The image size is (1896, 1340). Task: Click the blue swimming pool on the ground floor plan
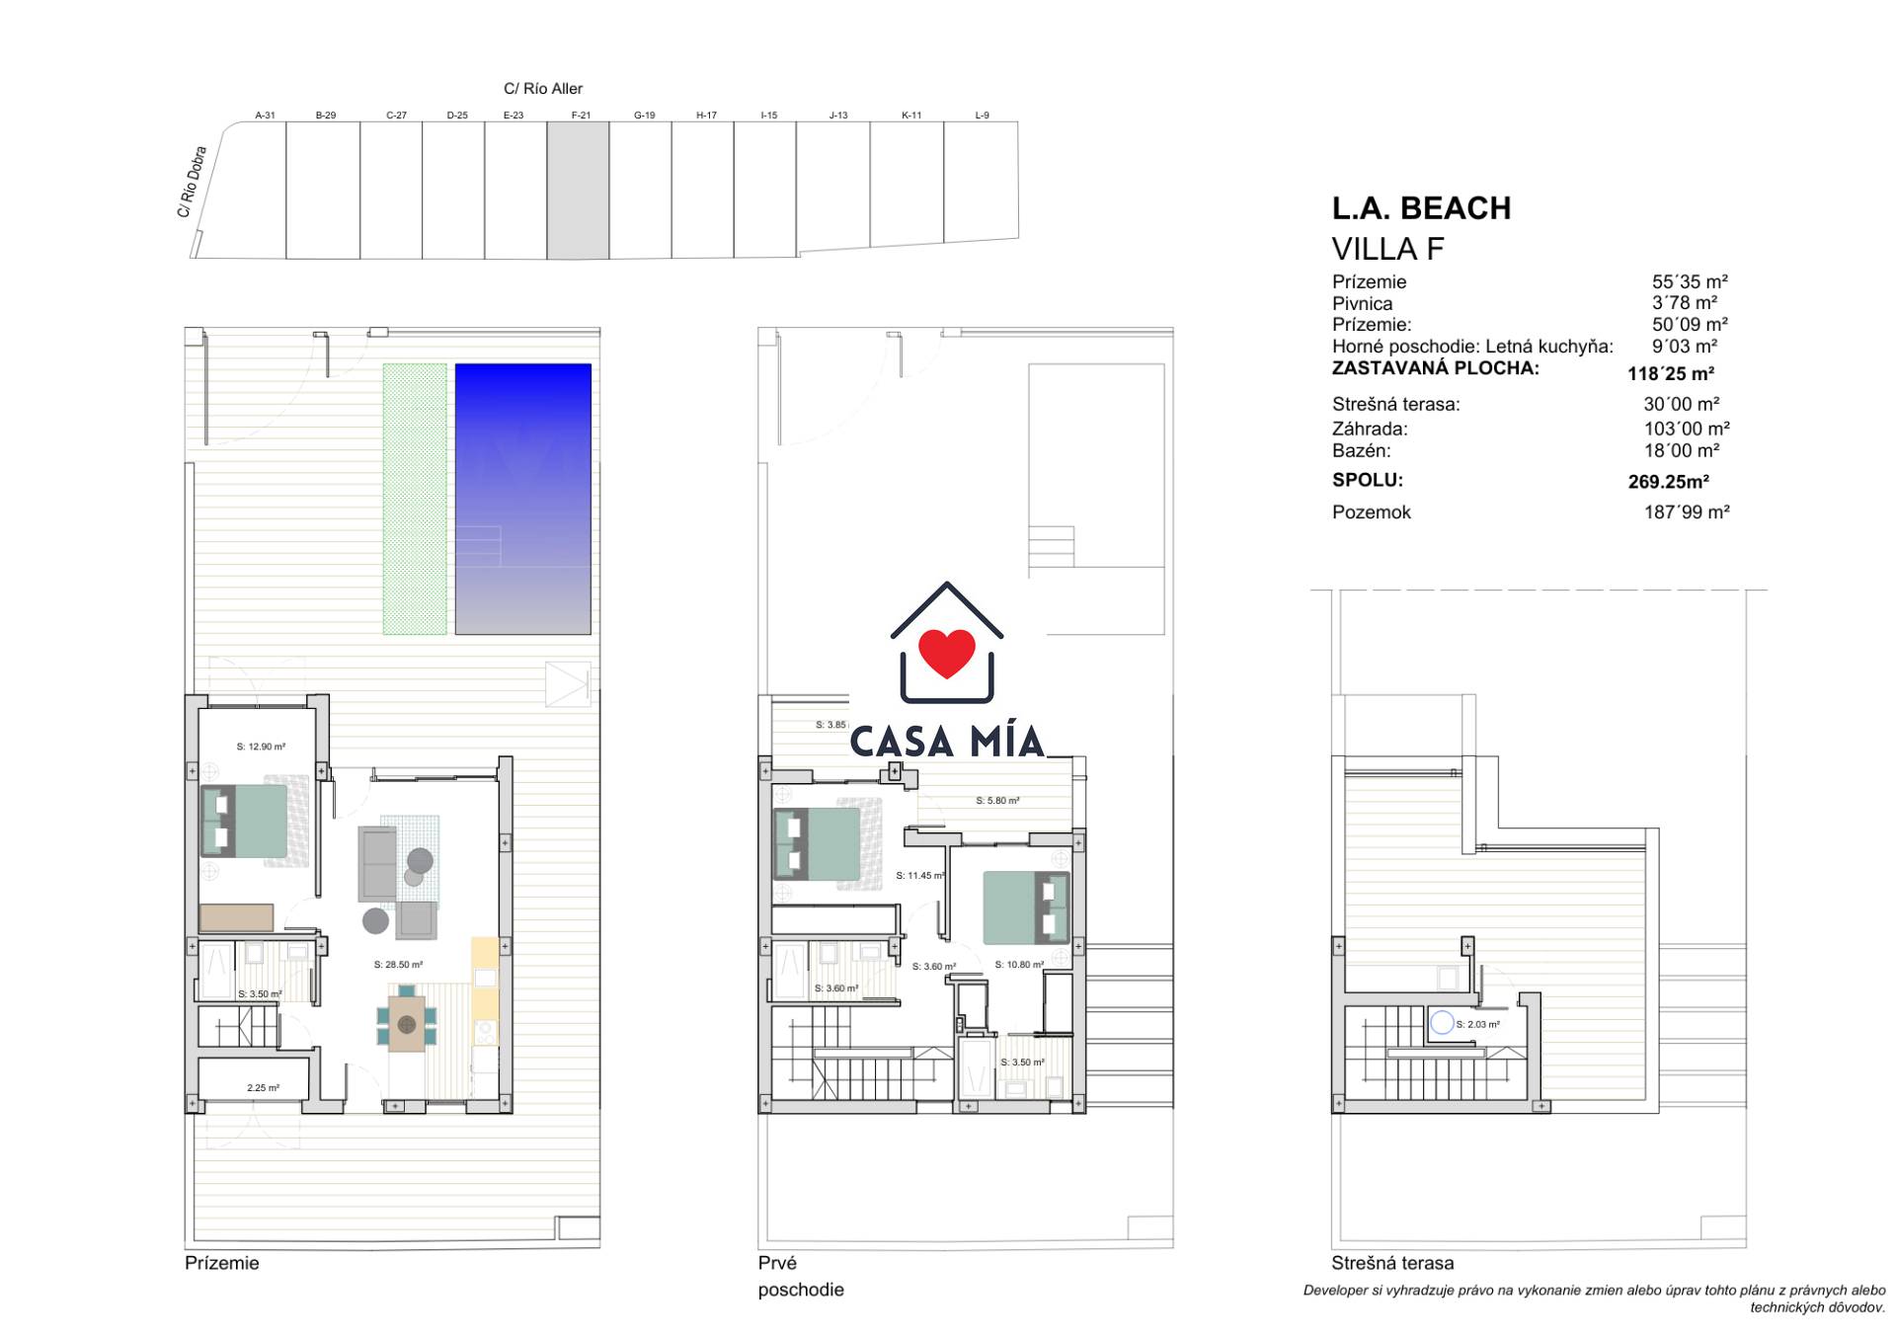click(522, 499)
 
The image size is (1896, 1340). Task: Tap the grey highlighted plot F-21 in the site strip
click(578, 191)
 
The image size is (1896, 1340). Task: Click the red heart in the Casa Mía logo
click(947, 652)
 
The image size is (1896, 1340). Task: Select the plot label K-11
click(911, 116)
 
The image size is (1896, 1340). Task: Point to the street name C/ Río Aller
click(543, 89)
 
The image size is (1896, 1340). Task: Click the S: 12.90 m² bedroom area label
click(261, 747)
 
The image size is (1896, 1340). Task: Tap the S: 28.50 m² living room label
click(398, 965)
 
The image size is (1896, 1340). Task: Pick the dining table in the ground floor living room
click(407, 1024)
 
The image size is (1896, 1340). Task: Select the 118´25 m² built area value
click(1671, 374)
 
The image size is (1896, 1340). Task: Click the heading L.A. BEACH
click(1421, 208)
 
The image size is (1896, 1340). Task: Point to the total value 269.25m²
click(1669, 482)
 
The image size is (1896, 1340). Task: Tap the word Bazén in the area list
click(1361, 451)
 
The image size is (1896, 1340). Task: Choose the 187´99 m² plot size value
click(1687, 512)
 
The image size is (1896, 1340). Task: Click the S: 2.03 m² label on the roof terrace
click(1477, 1024)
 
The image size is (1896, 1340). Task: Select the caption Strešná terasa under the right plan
click(1392, 1263)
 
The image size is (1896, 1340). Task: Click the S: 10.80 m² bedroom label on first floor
click(1019, 965)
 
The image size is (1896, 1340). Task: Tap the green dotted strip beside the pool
click(415, 499)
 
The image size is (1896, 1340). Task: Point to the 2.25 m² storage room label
click(263, 1088)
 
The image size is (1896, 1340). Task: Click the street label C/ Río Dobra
click(193, 183)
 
